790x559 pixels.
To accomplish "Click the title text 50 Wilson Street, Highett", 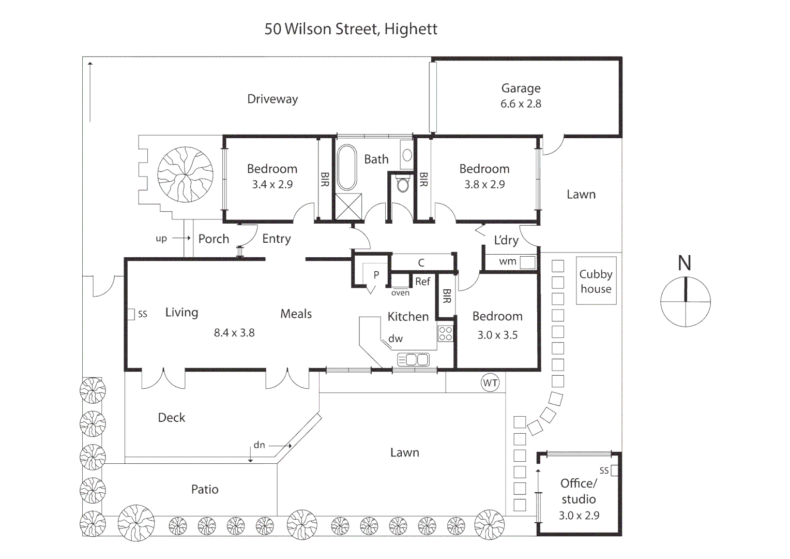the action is click(351, 29).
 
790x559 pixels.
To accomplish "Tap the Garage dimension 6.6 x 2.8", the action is click(521, 104).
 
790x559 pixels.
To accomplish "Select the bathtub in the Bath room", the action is click(347, 167).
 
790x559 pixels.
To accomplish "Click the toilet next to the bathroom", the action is click(403, 183).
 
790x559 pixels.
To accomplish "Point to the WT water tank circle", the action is click(490, 383).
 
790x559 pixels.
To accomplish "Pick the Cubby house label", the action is click(596, 282).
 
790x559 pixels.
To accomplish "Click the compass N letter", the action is click(685, 263).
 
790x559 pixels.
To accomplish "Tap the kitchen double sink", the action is click(413, 360).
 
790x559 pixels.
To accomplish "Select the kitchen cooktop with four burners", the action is click(445, 333).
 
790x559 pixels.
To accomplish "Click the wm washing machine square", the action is click(527, 262).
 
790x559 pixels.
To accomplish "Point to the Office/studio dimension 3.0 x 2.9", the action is click(579, 515).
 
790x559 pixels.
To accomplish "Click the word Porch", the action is click(214, 239).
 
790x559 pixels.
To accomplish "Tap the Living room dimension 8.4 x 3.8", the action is click(234, 333).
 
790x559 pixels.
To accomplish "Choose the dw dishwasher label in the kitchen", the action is click(396, 339).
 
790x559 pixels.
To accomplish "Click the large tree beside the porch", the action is click(185, 174).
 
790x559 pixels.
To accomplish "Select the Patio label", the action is click(205, 489).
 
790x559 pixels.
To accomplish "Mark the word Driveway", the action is click(272, 99).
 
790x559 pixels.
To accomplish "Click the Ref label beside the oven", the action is click(422, 282).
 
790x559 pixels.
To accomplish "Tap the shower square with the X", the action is click(348, 207).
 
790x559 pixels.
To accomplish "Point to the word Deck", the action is click(172, 417).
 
